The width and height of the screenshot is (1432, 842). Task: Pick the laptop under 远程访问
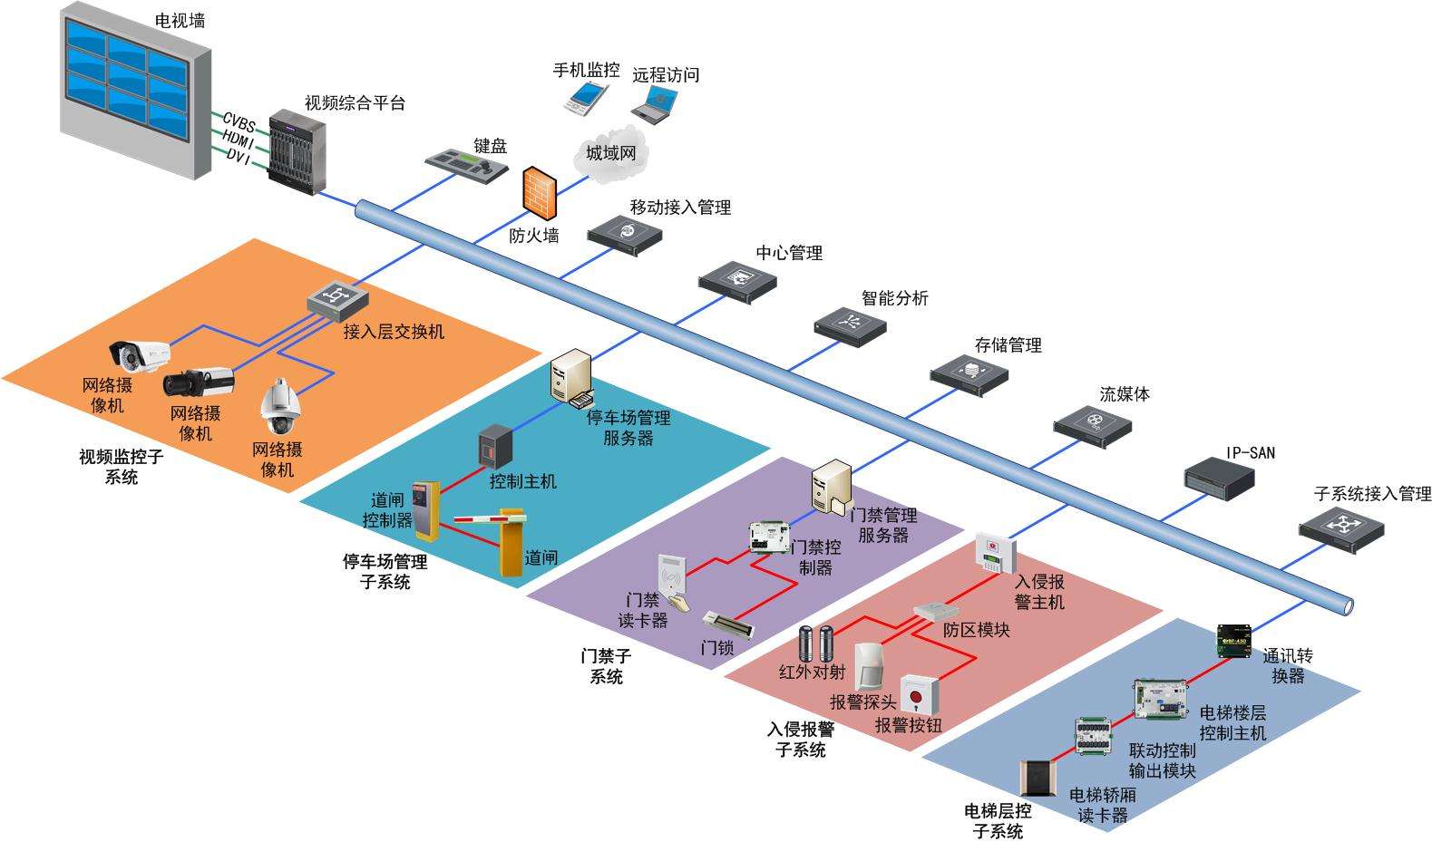coord(654,102)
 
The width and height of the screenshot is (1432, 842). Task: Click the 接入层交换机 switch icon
coord(337,298)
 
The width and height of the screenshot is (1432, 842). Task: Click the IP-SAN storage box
coord(1219,477)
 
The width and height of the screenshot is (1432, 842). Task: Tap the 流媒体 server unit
coord(1092,424)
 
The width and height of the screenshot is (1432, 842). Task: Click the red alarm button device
coord(920,694)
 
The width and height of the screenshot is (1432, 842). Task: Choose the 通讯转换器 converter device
coord(1234,641)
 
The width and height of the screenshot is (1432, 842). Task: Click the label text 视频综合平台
coord(355,103)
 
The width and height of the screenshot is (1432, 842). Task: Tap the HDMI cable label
coord(239,139)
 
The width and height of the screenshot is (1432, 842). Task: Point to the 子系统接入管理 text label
coord(1372,494)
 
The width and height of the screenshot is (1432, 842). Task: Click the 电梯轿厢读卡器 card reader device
coord(1038,779)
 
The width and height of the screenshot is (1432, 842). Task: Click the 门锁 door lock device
coord(728,624)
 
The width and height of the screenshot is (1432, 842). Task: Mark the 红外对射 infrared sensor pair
coord(814,644)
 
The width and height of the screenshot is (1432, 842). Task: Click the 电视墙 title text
coord(180,20)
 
